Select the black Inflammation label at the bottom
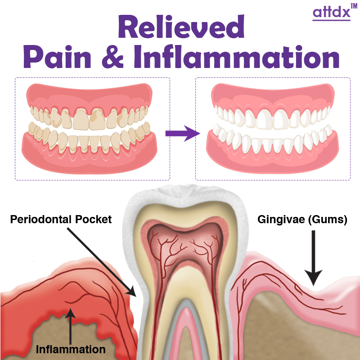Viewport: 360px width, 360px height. (x=71, y=349)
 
